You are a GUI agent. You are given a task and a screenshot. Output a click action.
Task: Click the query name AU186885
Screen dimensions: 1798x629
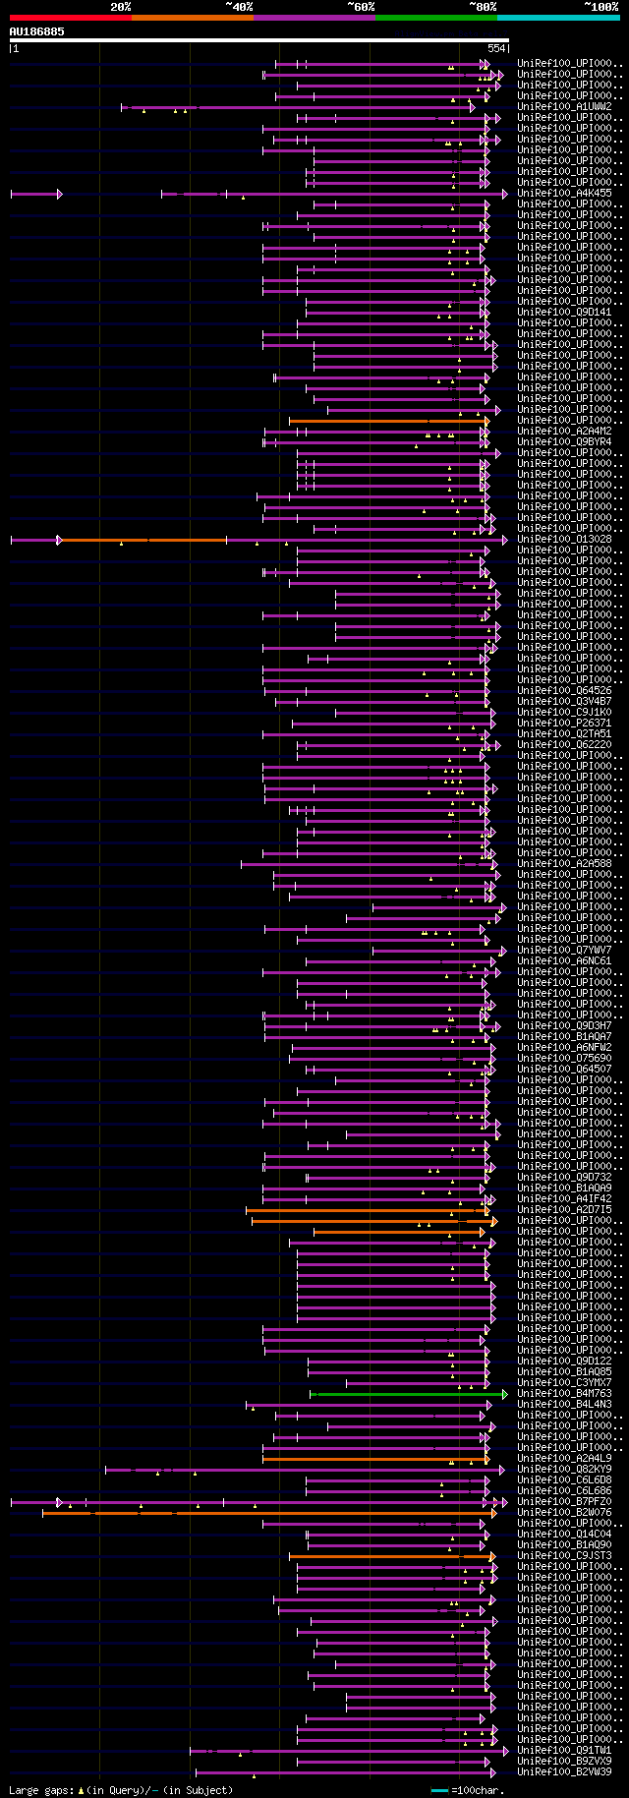37,31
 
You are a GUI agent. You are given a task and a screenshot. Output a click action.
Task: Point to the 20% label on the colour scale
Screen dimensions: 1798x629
120,7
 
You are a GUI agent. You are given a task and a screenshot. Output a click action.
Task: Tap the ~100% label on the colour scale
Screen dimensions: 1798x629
600,7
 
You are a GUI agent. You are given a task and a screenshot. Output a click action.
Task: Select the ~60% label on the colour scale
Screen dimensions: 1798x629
361,7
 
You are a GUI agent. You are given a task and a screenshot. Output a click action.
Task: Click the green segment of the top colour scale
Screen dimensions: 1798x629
435,17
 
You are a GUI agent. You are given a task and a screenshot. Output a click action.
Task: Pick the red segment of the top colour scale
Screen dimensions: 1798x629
70,17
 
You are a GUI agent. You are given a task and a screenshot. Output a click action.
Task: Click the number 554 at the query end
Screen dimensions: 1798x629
496,48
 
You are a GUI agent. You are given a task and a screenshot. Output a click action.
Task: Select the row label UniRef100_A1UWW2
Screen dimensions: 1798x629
564,106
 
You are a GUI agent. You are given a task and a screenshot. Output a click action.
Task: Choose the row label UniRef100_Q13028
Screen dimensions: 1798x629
564,540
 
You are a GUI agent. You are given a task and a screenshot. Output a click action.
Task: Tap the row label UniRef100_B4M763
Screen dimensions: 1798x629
564,1394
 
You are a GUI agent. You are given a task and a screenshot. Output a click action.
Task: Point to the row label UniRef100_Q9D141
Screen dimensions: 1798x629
564,313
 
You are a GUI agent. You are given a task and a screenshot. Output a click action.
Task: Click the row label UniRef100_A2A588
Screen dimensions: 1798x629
564,864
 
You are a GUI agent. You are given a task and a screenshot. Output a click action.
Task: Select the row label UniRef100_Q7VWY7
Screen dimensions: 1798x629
564,951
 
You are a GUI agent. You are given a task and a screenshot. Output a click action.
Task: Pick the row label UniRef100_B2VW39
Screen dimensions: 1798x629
564,1772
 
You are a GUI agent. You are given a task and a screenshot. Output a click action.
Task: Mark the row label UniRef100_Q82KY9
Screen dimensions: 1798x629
564,1470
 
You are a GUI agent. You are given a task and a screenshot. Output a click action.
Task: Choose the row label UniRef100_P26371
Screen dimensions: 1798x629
564,724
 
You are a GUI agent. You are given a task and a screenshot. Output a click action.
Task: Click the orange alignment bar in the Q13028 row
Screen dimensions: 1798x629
143,540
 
